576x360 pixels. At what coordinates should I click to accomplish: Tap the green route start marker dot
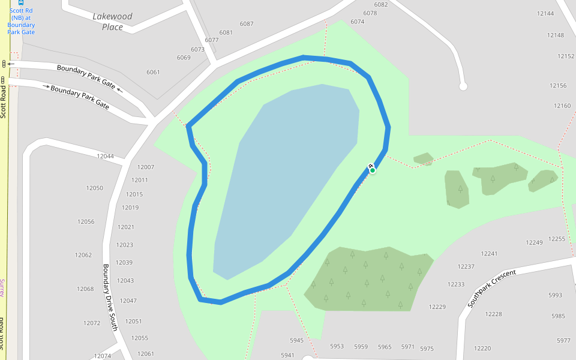(373, 170)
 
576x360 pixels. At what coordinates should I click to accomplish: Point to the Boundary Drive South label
(109, 297)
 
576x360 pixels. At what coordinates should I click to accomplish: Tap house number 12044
(105, 157)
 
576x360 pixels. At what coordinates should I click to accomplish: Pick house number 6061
(153, 73)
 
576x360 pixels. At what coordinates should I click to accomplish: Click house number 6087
(247, 24)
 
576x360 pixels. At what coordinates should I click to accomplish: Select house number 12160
(562, 106)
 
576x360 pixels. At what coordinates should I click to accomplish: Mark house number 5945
(296, 341)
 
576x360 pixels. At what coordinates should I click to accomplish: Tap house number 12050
(94, 188)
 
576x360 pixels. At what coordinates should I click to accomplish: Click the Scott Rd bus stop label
(21, 22)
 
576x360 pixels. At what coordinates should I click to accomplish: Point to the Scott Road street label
(4, 102)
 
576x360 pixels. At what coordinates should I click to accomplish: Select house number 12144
(545, 13)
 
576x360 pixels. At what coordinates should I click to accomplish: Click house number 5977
(563, 341)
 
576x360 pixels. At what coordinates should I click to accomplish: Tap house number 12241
(489, 254)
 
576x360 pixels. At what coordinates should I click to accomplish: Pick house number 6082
(381, 5)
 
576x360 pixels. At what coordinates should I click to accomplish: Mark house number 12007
(146, 167)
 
